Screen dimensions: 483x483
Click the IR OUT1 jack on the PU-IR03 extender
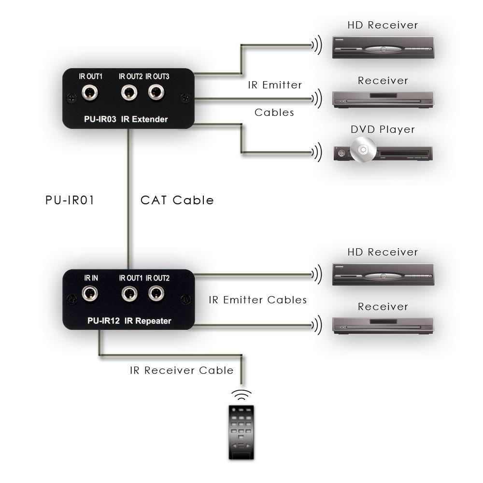pyautogui.click(x=88, y=92)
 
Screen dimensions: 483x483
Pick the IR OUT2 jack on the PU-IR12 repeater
pyautogui.click(x=156, y=293)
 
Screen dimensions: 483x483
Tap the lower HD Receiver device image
pyautogui.click(x=383, y=274)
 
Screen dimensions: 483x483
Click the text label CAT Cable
pyautogui.click(x=177, y=200)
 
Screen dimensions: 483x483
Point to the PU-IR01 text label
pyautogui.click(x=70, y=200)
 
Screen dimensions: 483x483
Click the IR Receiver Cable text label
pyautogui.click(x=182, y=370)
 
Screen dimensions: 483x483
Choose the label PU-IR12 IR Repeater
pyautogui.click(x=129, y=321)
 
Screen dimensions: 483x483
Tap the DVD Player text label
pyautogui.click(x=383, y=129)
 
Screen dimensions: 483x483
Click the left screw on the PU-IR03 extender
pyautogui.click(x=71, y=98)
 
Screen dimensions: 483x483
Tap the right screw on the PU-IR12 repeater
pyautogui.click(x=185, y=299)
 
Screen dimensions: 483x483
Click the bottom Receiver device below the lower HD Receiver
pyautogui.click(x=383, y=326)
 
